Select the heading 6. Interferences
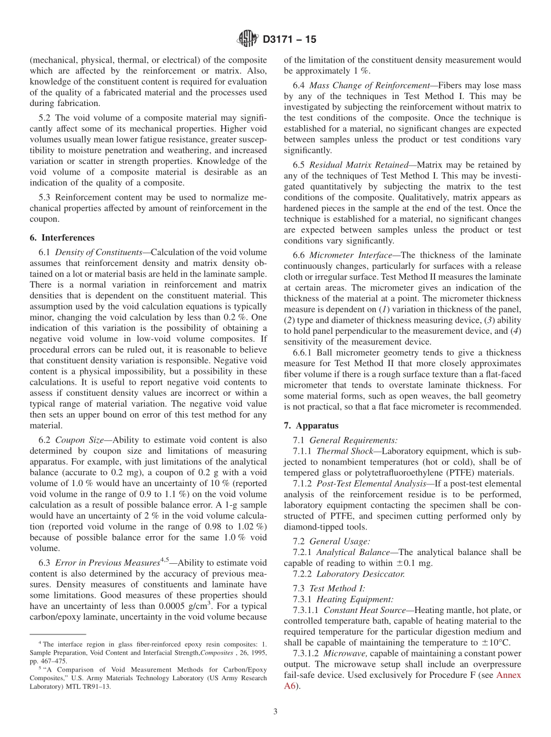pos(61,238)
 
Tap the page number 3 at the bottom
pos(275,712)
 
